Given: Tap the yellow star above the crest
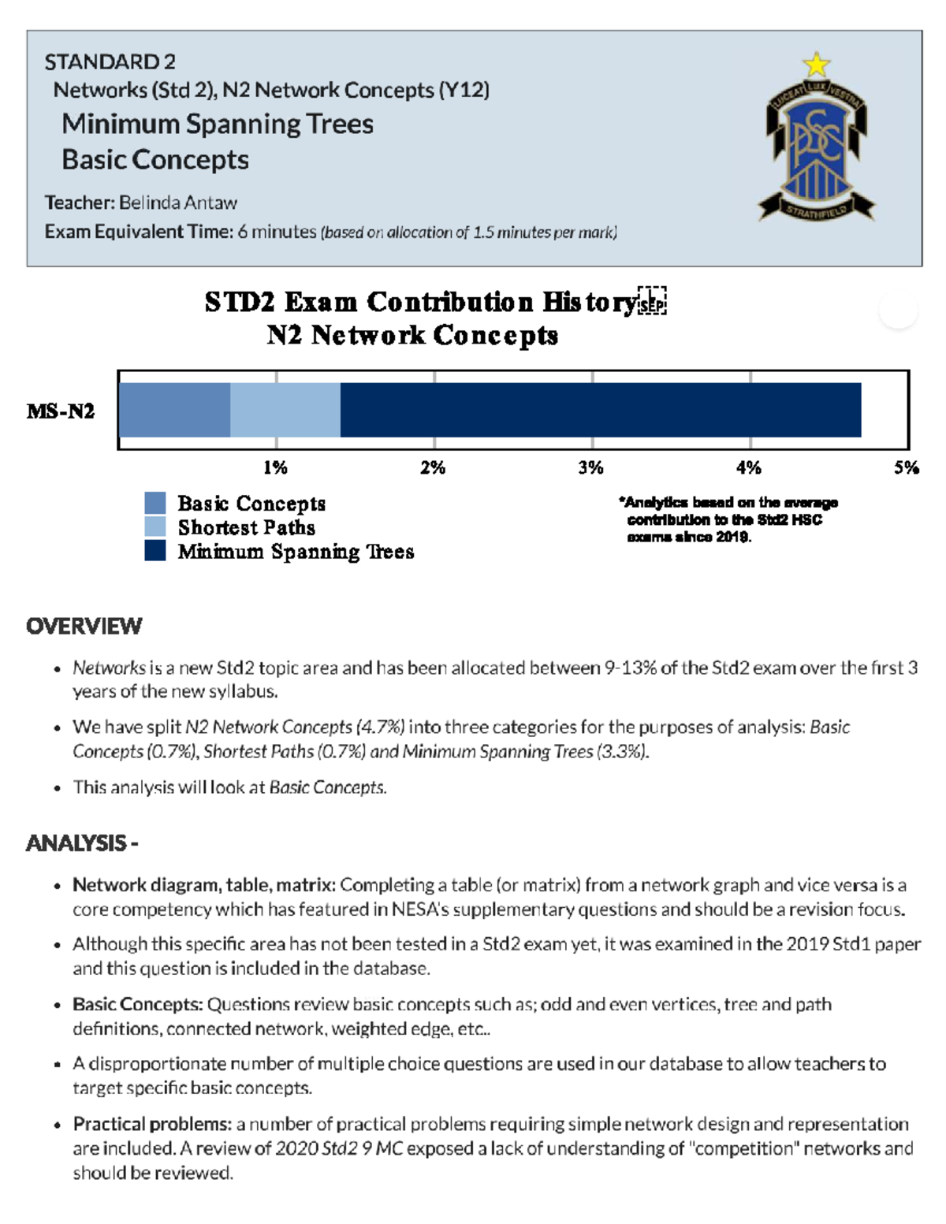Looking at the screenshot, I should point(816,64).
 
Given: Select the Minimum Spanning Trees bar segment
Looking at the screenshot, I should point(600,410).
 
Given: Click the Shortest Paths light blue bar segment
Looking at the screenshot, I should point(285,410).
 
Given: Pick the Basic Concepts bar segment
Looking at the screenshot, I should point(174,410).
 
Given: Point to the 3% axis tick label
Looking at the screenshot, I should point(590,468).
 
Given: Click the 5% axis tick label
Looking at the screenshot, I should point(906,468).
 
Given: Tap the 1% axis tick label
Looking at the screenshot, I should point(275,468).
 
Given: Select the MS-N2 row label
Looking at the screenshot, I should point(61,411).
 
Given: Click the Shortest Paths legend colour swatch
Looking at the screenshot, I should point(155,526).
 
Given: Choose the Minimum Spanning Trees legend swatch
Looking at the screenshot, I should point(155,551).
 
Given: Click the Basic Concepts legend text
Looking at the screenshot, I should point(251,503).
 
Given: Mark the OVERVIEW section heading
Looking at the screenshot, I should point(84,627).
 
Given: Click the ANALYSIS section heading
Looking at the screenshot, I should point(82,843).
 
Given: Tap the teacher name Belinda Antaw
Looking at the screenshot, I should point(177,203).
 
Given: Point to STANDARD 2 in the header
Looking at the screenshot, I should point(110,61).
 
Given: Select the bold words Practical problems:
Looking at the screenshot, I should point(152,1124).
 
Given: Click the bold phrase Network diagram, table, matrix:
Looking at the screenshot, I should point(204,885).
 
